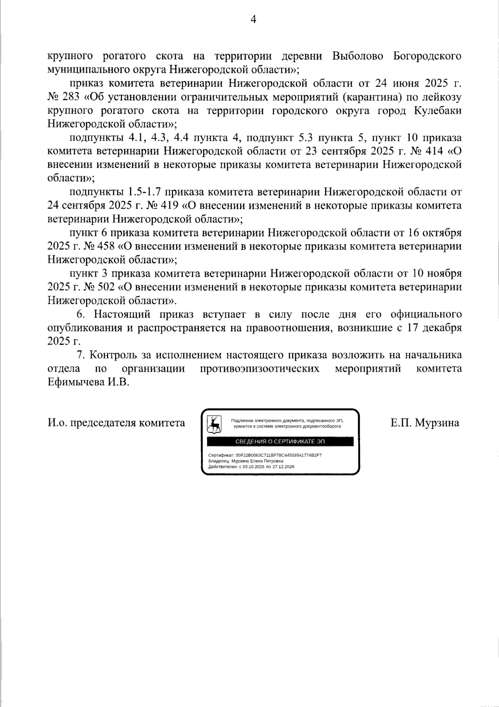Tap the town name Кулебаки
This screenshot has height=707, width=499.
click(438, 111)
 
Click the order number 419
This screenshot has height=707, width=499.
click(168, 206)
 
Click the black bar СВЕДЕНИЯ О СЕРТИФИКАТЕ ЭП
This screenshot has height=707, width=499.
click(280, 441)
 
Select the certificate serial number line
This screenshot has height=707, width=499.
click(265, 455)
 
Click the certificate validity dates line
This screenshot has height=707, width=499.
click(251, 467)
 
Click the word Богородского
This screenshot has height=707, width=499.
click(427, 56)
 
